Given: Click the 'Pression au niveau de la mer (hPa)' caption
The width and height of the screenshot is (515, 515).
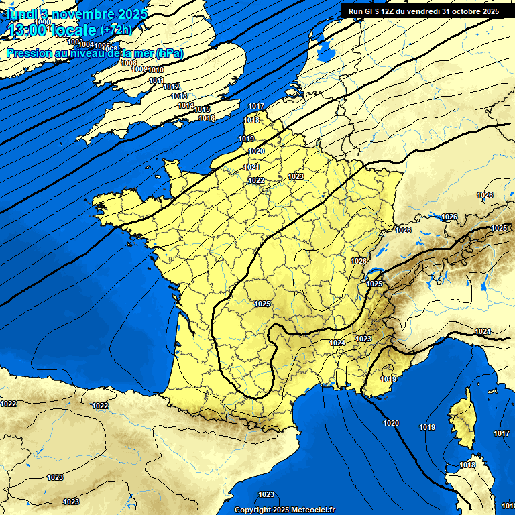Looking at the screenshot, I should pos(95,53).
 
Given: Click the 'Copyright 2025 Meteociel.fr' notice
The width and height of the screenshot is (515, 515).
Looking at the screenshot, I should pos(284,510).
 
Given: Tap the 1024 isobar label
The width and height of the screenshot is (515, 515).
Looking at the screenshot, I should pos(337,343).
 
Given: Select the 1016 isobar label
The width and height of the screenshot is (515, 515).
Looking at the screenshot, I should pos(207,118).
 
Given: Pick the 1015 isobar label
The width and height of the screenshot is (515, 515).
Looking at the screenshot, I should pos(202,109).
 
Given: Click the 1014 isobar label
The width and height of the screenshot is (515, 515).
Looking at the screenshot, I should pos(186,105).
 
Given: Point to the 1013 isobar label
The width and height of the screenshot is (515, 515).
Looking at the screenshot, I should pos(179,96).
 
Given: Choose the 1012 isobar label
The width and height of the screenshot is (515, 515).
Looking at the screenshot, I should pos(171,87).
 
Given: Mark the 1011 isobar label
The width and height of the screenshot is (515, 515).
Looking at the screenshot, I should pos(156,80).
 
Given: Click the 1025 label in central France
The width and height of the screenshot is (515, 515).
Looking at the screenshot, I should pos(262,304).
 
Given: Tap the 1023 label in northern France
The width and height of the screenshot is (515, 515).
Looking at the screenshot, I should pos(296,176).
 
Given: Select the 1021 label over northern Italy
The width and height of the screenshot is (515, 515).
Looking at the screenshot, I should pos(482,331).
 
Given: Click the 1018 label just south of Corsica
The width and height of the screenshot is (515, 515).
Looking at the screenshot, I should pos(467,465).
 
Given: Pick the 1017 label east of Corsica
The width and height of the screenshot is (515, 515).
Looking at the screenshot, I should pos(501,433).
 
